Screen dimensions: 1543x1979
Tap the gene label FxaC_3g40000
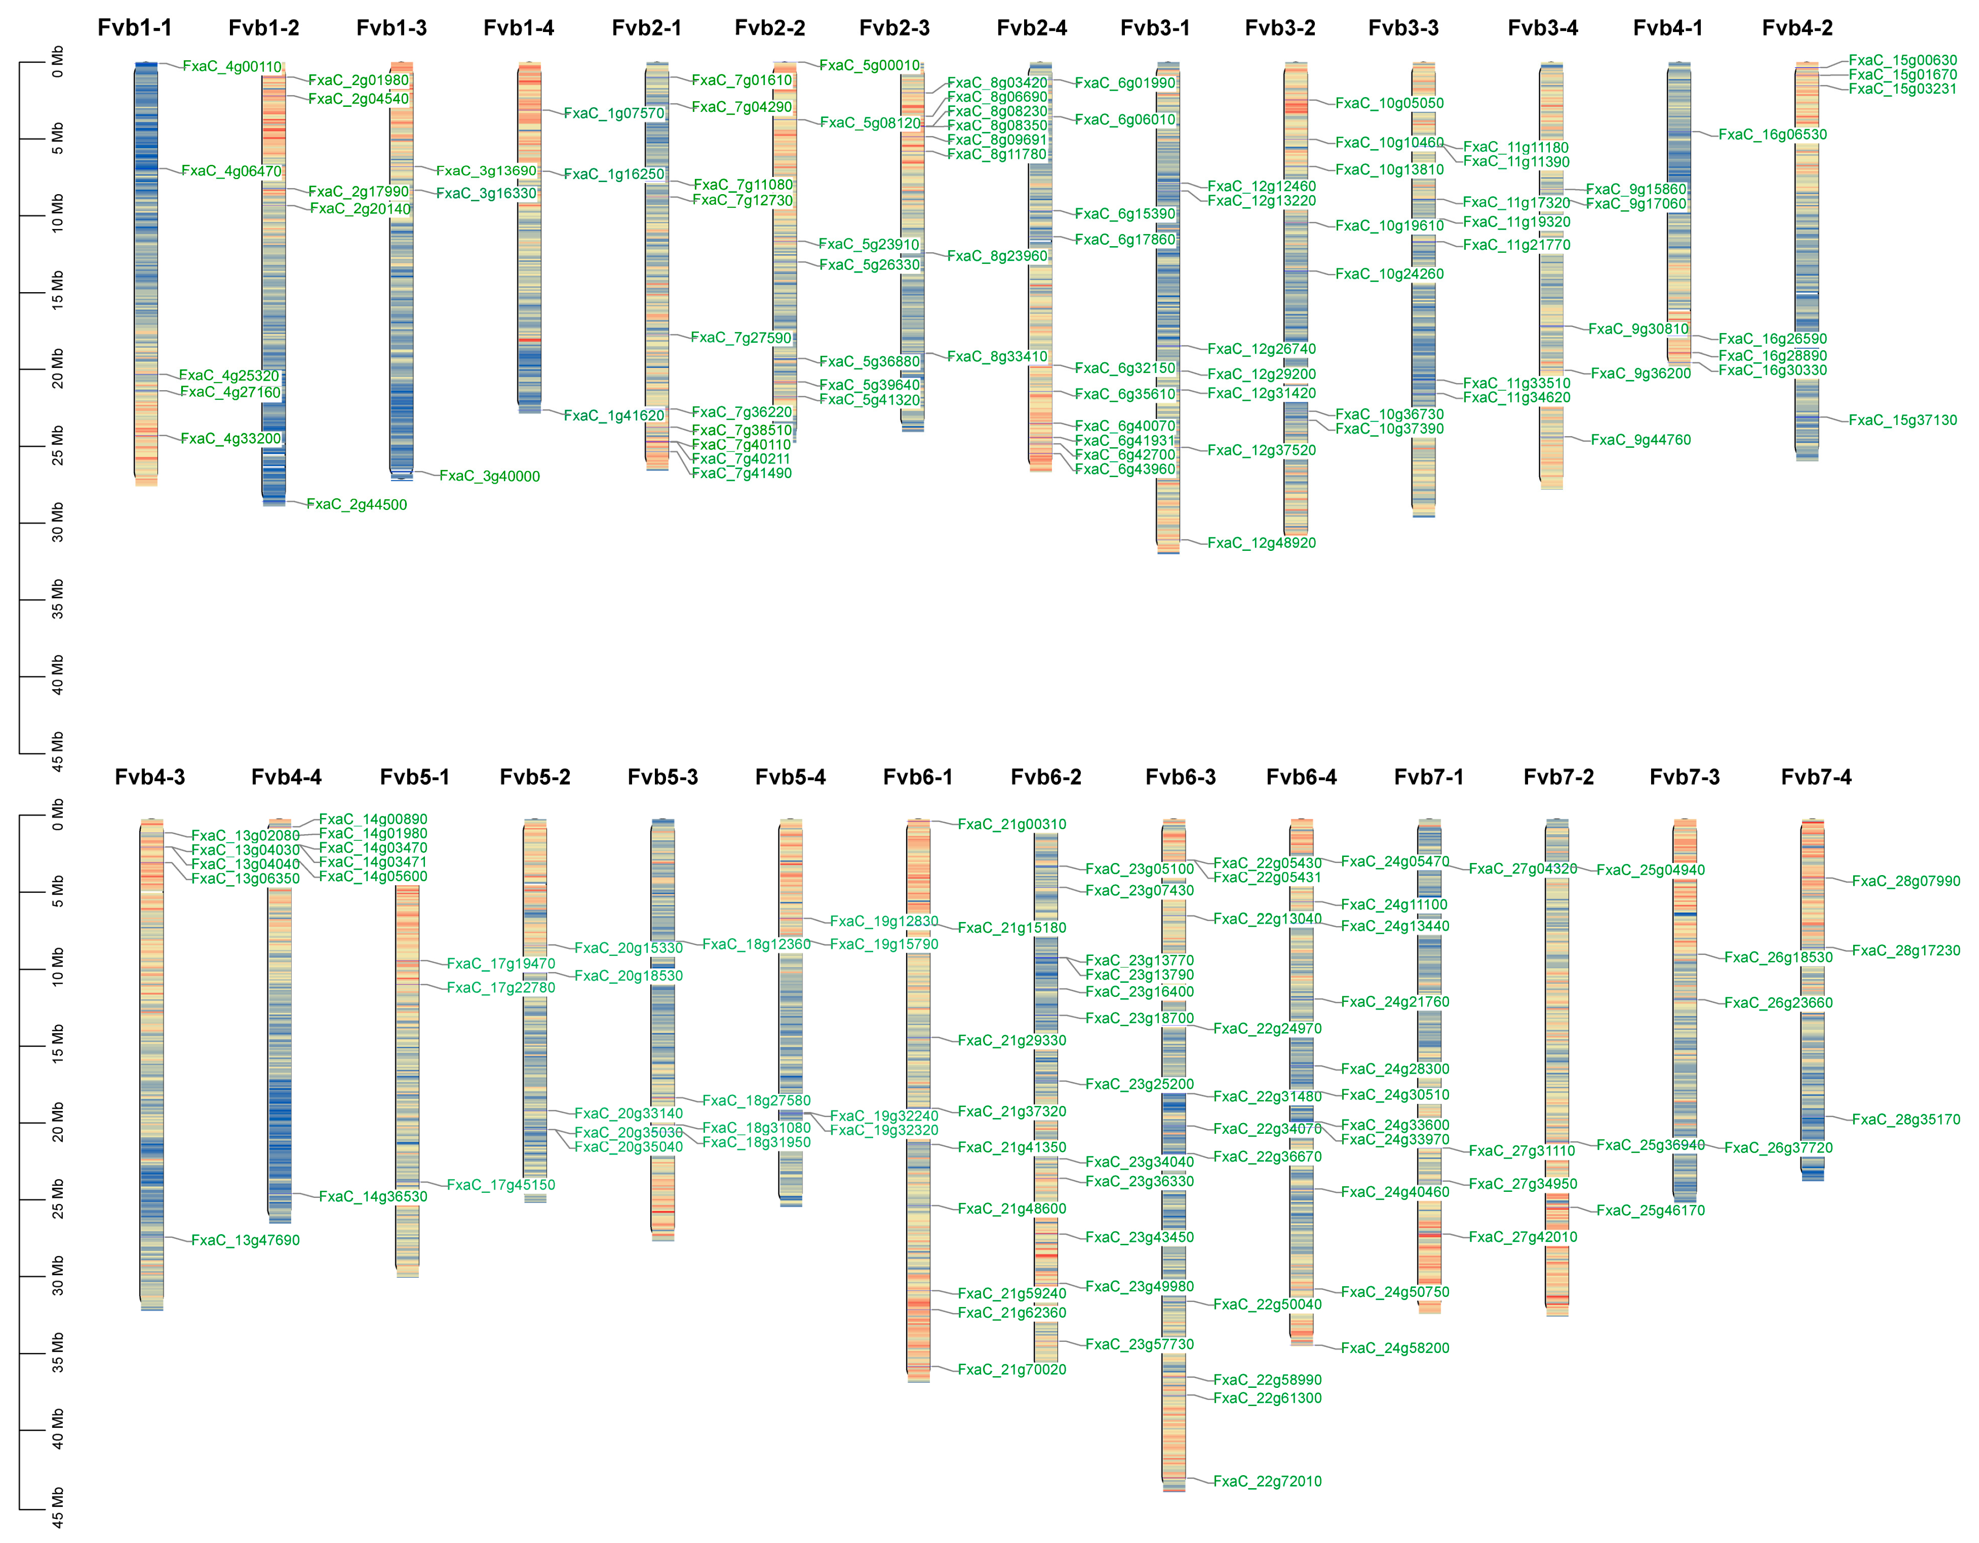tap(490, 477)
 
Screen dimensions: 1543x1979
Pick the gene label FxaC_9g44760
tap(1640, 440)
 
